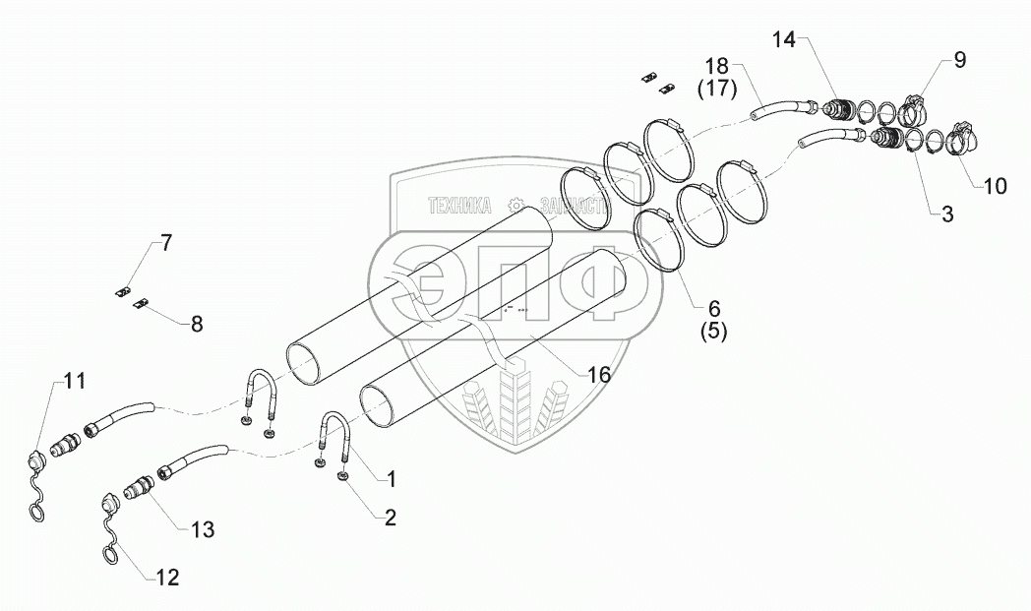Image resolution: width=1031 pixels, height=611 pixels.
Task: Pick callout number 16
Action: pos(599,374)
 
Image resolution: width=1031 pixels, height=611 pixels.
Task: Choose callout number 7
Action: pos(166,243)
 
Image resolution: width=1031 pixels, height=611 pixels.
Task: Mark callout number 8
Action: pos(197,324)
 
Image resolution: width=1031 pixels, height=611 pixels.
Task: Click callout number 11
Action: pos(76,380)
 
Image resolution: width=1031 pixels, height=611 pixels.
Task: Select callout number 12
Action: pos(168,578)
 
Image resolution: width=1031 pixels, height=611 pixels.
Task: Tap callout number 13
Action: pos(202,529)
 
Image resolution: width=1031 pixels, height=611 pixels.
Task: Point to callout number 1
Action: pos(391,479)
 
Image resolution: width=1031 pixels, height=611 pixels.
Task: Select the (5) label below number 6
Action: pos(713,332)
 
